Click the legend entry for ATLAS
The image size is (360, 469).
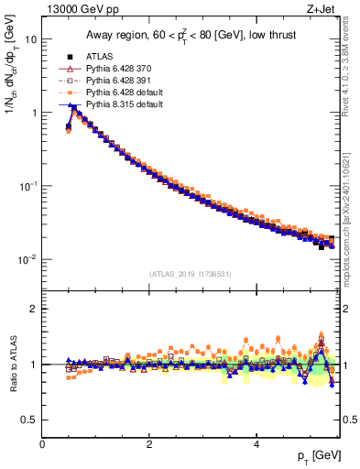100,57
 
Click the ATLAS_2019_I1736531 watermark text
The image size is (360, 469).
191,274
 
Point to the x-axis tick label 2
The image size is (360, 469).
148,444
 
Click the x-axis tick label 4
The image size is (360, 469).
256,444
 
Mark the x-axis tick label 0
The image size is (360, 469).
42,444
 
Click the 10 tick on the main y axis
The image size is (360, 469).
29,39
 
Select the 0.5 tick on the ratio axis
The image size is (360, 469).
27,420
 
